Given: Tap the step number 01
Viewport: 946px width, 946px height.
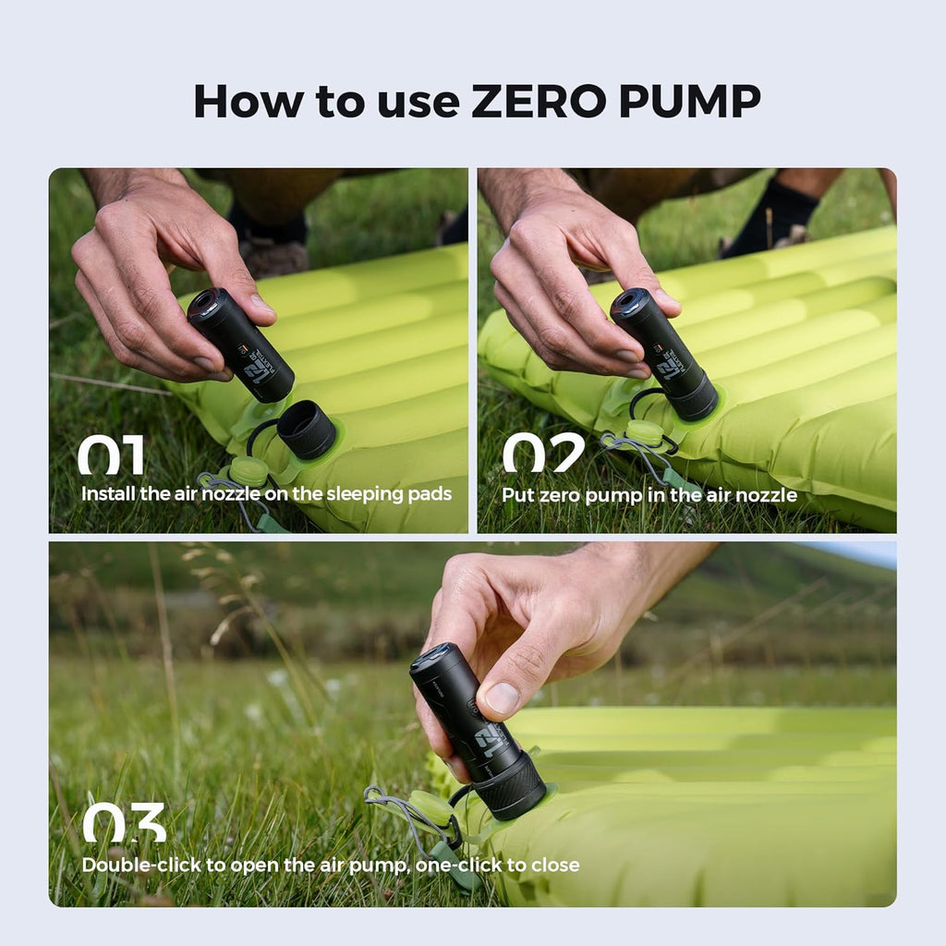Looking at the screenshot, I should [x=111, y=455].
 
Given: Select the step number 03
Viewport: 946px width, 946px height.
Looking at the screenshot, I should [x=124, y=822].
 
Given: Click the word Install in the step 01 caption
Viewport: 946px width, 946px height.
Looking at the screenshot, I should [x=107, y=493].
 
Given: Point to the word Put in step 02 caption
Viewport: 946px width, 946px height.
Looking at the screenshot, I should [x=516, y=495].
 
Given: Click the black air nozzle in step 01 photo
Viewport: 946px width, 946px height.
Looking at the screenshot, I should [x=307, y=430].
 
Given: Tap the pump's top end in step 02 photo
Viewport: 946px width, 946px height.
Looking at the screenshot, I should [x=631, y=304].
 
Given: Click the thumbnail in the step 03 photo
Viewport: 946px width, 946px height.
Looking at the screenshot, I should [x=502, y=697].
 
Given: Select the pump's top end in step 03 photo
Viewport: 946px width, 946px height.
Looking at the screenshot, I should [x=433, y=659].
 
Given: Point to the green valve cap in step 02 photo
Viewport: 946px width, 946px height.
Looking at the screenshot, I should [x=644, y=431].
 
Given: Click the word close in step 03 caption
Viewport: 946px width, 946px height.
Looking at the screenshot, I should [x=555, y=865].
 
